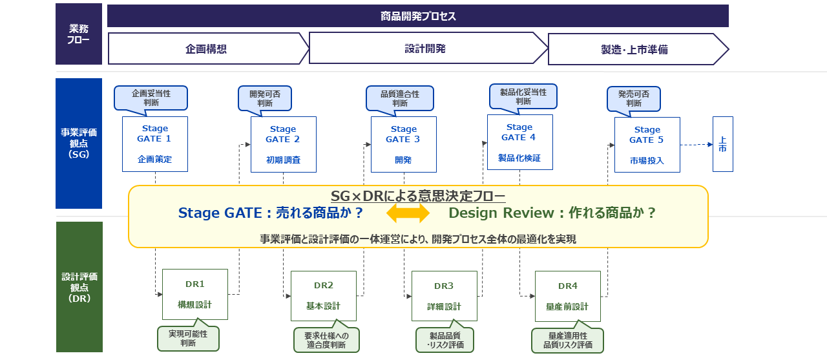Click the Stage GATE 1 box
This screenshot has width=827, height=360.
tap(155, 144)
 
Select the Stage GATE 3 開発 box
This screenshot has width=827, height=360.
tap(404, 144)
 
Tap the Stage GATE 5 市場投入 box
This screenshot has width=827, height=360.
tap(647, 145)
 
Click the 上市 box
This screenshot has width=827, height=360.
tap(722, 144)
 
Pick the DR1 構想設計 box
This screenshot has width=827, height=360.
tap(195, 294)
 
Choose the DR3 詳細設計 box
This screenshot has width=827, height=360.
tap(445, 296)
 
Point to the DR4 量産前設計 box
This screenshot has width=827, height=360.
tap(568, 296)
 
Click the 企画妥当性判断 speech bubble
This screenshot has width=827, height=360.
tap(151, 98)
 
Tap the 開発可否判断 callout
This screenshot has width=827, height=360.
tap(265, 99)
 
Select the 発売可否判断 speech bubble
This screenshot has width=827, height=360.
tap(634, 99)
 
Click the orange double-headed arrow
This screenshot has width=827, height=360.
tap(408, 213)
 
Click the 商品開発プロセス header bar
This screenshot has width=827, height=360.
tap(418, 16)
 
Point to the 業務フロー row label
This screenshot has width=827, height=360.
tap(79, 34)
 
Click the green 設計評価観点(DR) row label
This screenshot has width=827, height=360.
tap(79, 287)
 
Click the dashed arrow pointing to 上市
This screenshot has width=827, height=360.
tap(696, 145)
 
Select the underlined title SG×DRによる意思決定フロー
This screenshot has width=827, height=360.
tap(418, 196)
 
